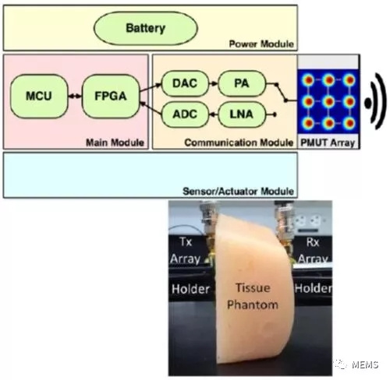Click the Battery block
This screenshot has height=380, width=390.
[x=146, y=28]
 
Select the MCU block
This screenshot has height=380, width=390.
[x=39, y=96]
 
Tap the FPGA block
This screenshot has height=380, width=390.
[x=111, y=96]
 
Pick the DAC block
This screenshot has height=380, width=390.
[x=185, y=83]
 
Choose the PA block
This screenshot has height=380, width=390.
[x=242, y=83]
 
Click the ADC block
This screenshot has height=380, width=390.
[x=185, y=114]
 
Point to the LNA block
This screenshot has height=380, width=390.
[x=242, y=114]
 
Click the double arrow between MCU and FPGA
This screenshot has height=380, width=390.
[x=75, y=97]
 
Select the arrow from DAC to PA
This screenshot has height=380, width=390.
[x=214, y=83]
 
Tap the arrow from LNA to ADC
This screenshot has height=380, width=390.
[x=214, y=114]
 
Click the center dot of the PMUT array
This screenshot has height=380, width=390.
[x=328, y=101]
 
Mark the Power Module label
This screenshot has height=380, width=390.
[x=261, y=44]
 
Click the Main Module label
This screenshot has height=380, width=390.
[x=115, y=142]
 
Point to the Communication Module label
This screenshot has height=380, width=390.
[x=239, y=142]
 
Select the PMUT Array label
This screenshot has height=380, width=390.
[x=328, y=142]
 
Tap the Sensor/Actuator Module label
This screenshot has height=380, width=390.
[x=238, y=192]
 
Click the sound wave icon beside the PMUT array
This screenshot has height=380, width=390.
[x=376, y=101]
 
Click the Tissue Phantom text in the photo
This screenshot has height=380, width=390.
[x=253, y=296]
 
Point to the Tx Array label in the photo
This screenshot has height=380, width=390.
[x=186, y=251]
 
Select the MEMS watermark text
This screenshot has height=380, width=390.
[x=365, y=364]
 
